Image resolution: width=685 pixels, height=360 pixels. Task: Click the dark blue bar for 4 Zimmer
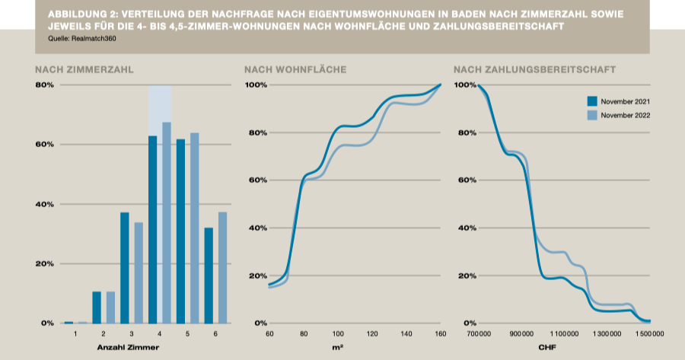pos(152,229)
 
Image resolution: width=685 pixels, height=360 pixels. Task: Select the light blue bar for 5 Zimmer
pos(194,228)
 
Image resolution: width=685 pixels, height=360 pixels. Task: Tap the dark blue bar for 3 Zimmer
pos(125,267)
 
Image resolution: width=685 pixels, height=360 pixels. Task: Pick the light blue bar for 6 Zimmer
pos(223,267)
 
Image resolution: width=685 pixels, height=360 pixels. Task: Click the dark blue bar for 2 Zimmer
pos(97,307)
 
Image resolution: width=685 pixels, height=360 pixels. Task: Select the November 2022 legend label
pos(624,115)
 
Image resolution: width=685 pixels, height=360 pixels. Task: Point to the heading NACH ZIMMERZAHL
pos(84,69)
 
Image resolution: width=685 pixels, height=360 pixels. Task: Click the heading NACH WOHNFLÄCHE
pos(295,69)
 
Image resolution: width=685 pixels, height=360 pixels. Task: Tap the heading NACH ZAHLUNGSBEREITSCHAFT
pos(534,69)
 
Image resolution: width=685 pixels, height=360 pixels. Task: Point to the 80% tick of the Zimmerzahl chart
pos(44,85)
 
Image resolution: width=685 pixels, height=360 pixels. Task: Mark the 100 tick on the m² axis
pos(338,334)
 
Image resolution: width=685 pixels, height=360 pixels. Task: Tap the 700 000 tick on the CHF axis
pos(479,334)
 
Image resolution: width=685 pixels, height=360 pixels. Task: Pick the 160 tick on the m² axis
pos(439,334)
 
